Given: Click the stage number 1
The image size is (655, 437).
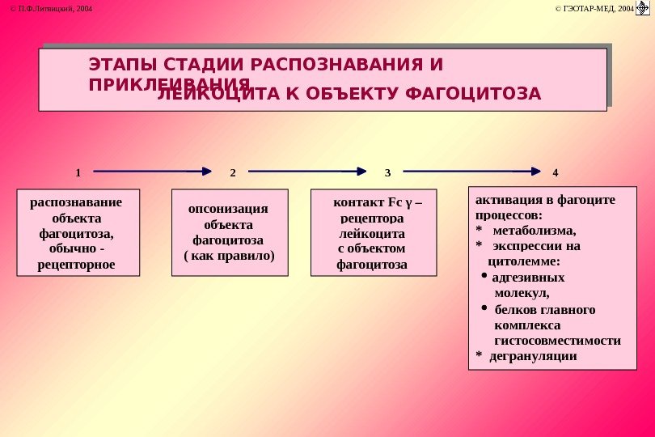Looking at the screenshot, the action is pyautogui.click(x=78, y=172).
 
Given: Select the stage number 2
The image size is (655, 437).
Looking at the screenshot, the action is pyautogui.click(x=233, y=172).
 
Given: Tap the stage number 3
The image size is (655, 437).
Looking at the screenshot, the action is pyautogui.click(x=387, y=172).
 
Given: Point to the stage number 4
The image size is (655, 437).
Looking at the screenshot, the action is pyautogui.click(x=556, y=172).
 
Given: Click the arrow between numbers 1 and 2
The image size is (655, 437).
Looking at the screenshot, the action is pyautogui.click(x=154, y=172).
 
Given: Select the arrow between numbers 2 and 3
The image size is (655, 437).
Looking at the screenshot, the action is pyautogui.click(x=308, y=172).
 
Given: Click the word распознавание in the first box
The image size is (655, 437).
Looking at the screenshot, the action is pyautogui.click(x=76, y=202).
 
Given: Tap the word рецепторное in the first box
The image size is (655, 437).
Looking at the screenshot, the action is pyautogui.click(x=77, y=264).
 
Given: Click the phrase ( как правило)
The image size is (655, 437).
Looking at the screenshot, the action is pyautogui.click(x=230, y=256).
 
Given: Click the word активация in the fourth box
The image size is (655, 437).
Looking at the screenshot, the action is pyautogui.click(x=505, y=200).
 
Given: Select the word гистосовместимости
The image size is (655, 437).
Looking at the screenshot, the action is pyautogui.click(x=557, y=340).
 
